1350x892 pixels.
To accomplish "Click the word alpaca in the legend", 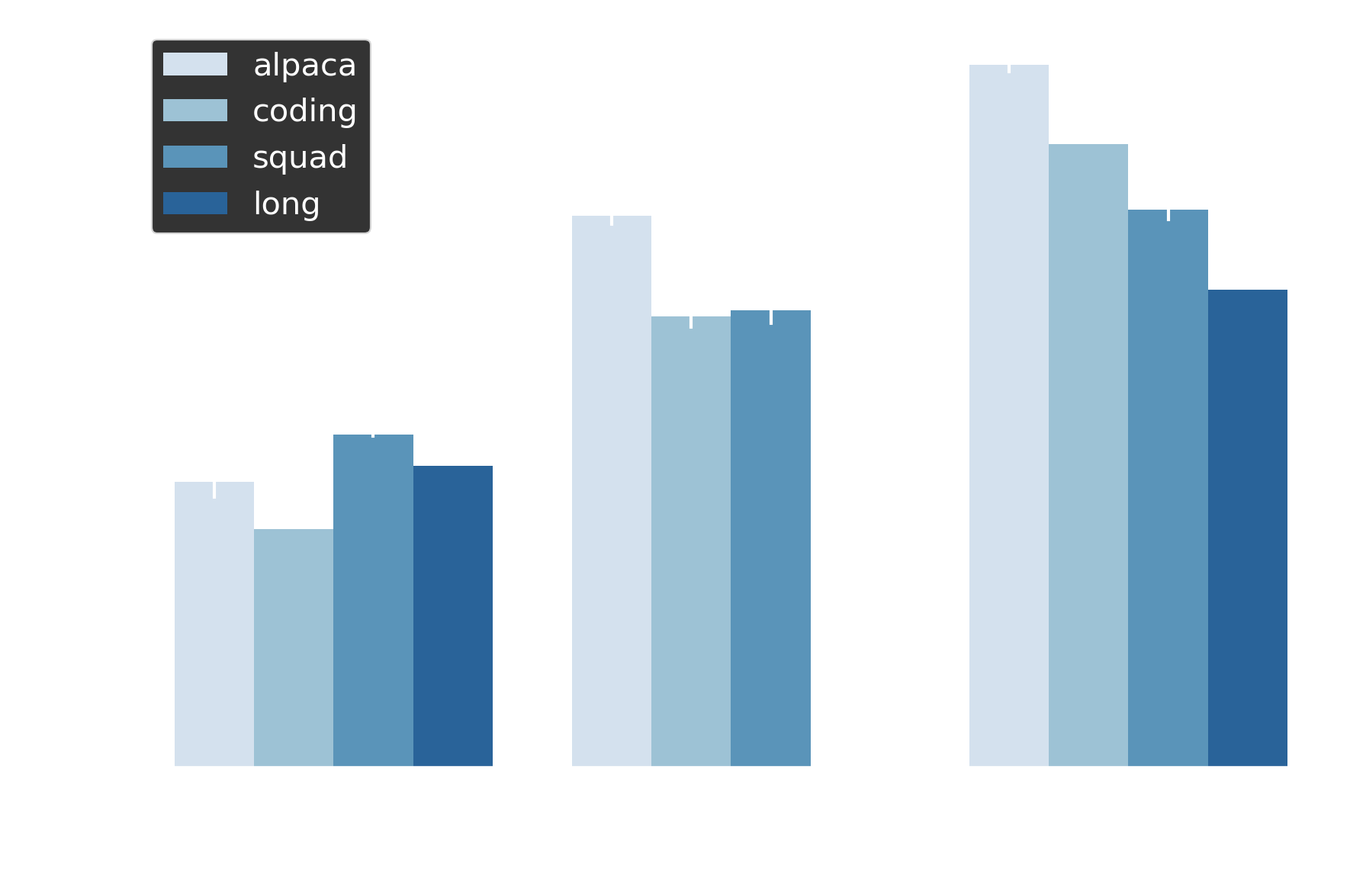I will (304, 66).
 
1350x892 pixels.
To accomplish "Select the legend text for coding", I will (304, 111).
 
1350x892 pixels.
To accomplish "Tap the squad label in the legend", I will (300, 158).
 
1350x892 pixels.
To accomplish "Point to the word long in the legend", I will (286, 204).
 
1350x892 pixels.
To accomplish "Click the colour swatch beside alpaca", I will (195, 64).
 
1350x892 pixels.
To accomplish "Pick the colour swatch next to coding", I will (195, 111).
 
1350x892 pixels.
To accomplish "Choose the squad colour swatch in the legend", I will (195, 157).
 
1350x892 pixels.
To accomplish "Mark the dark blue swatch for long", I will (195, 204).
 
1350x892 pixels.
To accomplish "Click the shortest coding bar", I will (294, 647).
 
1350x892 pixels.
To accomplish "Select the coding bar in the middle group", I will (691, 541).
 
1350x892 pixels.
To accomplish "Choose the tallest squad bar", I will (1168, 488).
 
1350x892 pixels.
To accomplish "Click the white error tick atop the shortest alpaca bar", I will (214, 489).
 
